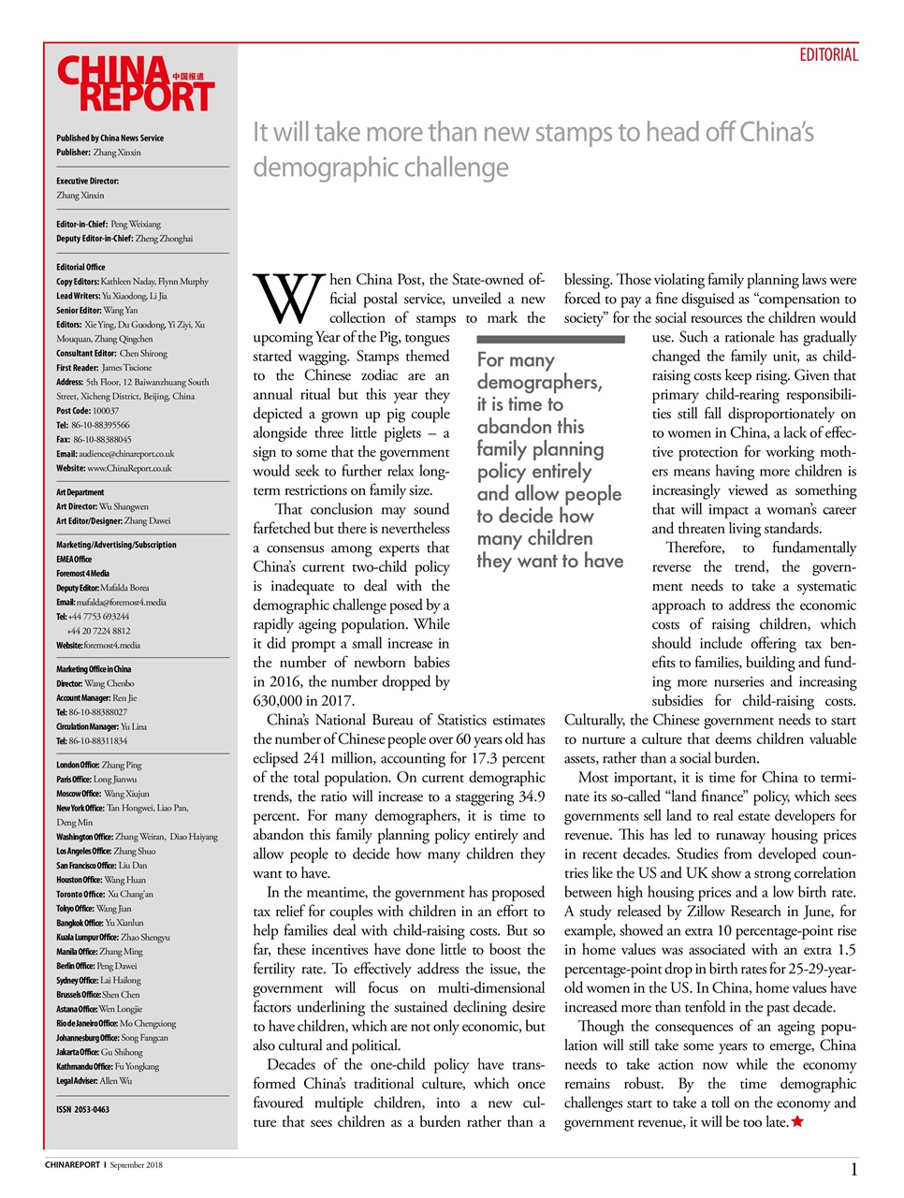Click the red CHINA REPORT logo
pyautogui.click(x=135, y=84)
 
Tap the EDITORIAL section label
pyautogui.click(x=828, y=55)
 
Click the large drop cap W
pyautogui.click(x=289, y=298)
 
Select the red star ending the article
pyautogui.click(x=797, y=1122)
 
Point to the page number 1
pyautogui.click(x=853, y=1169)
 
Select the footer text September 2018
pyautogui.click(x=136, y=1165)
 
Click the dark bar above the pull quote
pyautogui.click(x=550, y=339)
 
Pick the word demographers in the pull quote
pyautogui.click(x=538, y=382)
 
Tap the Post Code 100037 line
pyautogui.click(x=88, y=411)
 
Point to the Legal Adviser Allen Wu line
pyautogui.click(x=94, y=1081)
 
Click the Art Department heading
pyautogui.click(x=80, y=492)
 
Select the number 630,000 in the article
pyautogui.click(x=281, y=701)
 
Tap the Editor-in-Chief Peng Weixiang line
pyautogui.click(x=109, y=225)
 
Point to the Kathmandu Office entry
pyautogui.click(x=108, y=1067)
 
